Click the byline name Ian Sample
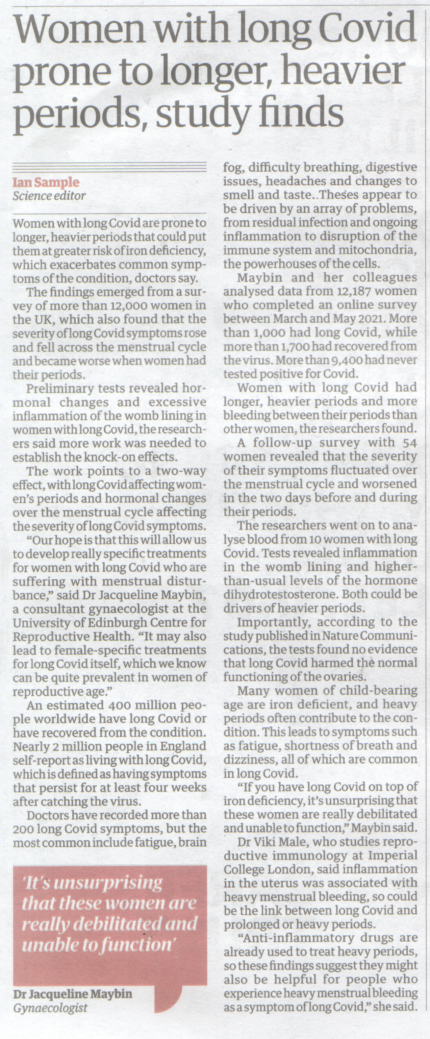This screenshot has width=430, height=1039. coord(46,182)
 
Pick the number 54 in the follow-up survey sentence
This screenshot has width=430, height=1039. coord(409,443)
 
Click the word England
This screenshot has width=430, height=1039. coord(183,746)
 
